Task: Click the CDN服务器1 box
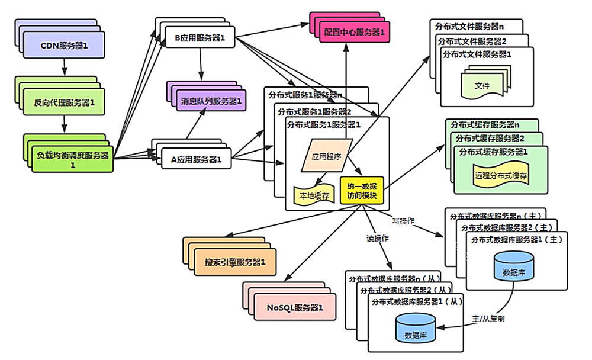tap(65, 46)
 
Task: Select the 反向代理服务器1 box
tap(65, 103)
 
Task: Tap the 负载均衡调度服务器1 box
tap(73, 159)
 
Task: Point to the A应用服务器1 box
tap(196, 159)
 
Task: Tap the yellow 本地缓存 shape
tap(314, 194)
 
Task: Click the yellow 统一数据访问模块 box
tap(362, 190)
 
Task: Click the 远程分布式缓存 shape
tap(501, 176)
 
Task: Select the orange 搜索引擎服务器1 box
tap(235, 262)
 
